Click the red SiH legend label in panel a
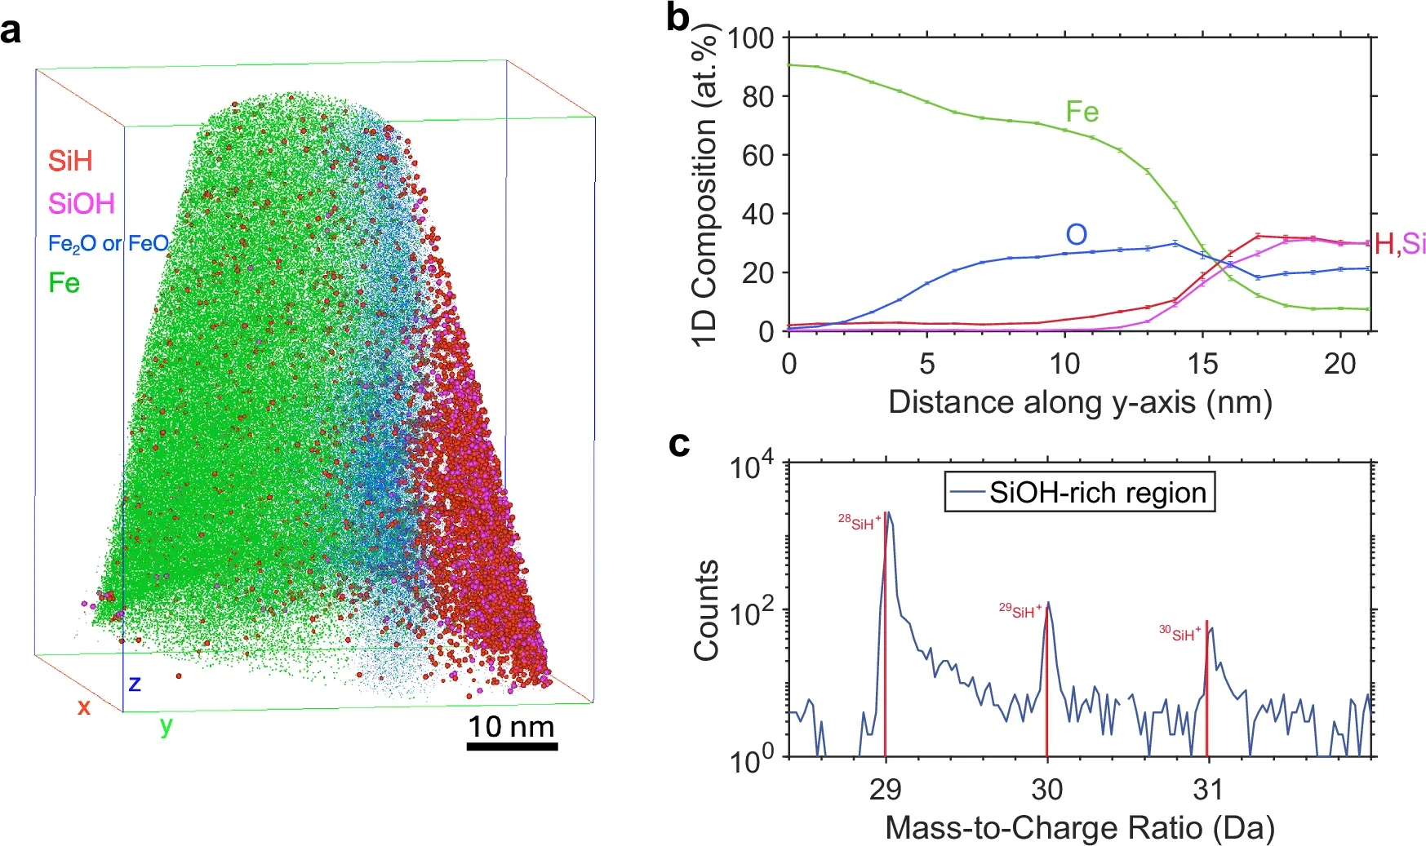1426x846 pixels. coord(69,161)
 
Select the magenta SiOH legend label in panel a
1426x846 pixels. coord(81,203)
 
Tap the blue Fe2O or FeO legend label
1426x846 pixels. coord(108,243)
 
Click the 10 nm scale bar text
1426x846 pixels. coord(511,726)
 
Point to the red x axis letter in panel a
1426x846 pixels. coord(83,706)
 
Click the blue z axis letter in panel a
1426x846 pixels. coord(134,684)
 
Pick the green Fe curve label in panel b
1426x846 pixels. coord(1082,112)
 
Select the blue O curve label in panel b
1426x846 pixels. coord(1076,235)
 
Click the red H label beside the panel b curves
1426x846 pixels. coord(1384,243)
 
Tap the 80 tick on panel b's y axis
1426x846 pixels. coord(757,96)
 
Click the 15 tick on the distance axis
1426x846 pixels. coord(1202,364)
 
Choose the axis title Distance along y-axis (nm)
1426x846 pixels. coord(1079,402)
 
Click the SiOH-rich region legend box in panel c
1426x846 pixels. coord(1079,492)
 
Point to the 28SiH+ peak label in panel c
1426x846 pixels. coord(860,523)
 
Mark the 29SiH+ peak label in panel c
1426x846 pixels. coord(1020,611)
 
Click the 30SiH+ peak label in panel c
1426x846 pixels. coord(1179,633)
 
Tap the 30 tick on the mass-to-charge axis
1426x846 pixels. coord(1046,789)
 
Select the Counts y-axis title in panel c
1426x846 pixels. coord(706,609)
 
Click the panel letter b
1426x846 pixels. coord(678,18)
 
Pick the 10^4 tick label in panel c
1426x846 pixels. coord(756,467)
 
